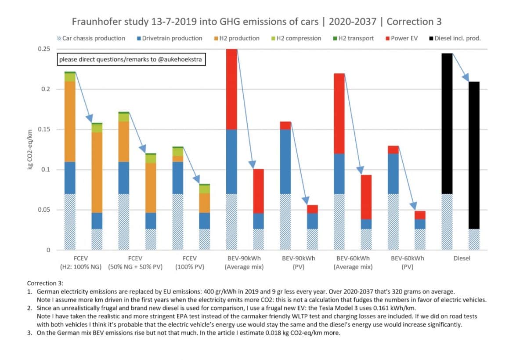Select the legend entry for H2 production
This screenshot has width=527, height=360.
pos(237,38)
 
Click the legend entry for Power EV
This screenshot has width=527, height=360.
pos(402,38)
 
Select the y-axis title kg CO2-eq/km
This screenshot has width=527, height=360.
pos(31,149)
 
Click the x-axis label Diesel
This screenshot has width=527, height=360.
pos(461,258)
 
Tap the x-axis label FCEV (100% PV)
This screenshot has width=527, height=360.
pos(190,262)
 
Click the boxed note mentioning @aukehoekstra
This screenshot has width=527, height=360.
pos(131,59)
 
